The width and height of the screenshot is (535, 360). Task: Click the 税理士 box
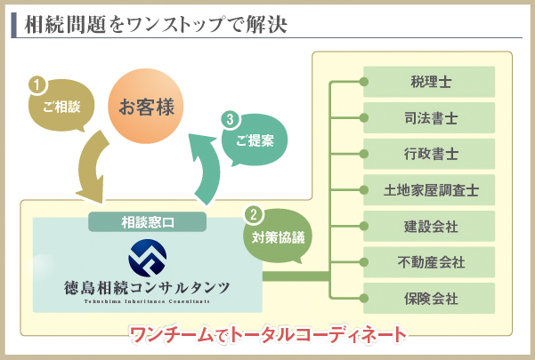click(430, 82)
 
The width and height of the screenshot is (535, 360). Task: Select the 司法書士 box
click(430, 117)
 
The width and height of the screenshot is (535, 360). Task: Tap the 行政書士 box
click(430, 154)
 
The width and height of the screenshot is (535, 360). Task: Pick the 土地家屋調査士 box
click(430, 190)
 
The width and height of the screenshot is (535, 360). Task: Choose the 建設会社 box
click(430, 226)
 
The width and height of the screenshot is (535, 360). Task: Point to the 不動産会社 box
click(430, 262)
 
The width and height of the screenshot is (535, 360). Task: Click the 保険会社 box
click(430, 298)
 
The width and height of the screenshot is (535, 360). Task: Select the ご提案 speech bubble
click(255, 141)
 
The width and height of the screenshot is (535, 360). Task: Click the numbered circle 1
click(36, 85)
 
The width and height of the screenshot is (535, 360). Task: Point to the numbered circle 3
click(231, 117)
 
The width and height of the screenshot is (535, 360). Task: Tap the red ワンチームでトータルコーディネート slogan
click(267, 336)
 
